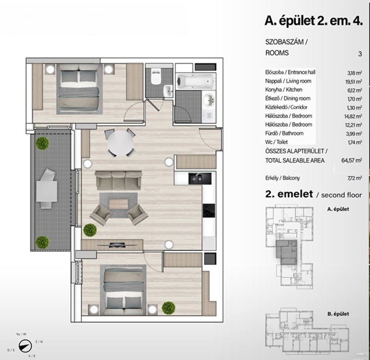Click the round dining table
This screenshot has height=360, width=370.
(x=120, y=143)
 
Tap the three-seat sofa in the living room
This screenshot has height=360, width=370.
(x=118, y=181)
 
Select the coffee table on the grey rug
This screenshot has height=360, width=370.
(x=118, y=204)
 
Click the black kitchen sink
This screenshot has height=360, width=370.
(x=200, y=178)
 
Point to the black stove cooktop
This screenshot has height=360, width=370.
(x=209, y=210)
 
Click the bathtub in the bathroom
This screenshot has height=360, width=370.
(x=195, y=81)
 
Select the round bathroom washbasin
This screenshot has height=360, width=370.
(x=209, y=99)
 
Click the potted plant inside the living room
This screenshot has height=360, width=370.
(x=90, y=230)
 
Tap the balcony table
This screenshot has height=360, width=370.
(x=47, y=191)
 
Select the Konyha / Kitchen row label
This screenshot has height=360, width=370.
(x=283, y=90)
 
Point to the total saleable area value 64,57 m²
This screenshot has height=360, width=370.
(x=352, y=161)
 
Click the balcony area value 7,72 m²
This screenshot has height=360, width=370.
(x=355, y=178)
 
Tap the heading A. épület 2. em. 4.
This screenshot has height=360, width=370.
(x=313, y=21)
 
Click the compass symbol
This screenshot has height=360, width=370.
(x=25, y=346)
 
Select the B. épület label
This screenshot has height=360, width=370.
(x=338, y=314)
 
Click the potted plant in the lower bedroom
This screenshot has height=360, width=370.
(x=168, y=308)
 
